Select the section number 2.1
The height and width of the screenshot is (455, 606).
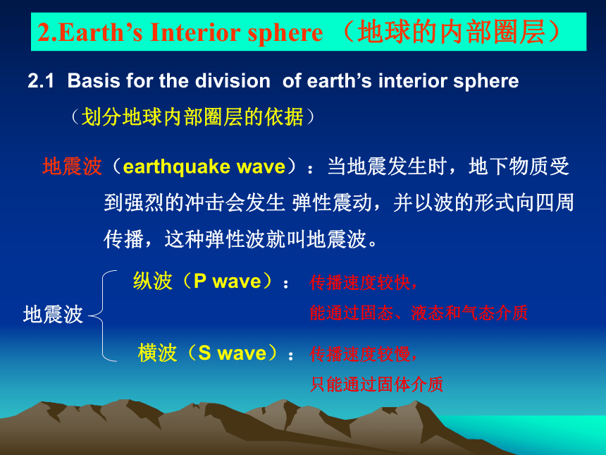point(41,81)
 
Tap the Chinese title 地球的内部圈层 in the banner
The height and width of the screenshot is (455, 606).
point(451,32)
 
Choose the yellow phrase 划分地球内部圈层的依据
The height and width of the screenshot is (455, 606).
point(192,117)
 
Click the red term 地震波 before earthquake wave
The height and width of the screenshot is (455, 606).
point(73,166)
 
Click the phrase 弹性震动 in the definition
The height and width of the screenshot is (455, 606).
point(332,202)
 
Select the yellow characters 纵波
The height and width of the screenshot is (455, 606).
point(152,281)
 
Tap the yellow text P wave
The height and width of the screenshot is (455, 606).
point(227,281)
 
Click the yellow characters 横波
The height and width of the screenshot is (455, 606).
point(157,353)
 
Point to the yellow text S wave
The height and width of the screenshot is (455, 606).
point(233,353)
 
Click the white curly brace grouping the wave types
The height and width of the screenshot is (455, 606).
point(103,316)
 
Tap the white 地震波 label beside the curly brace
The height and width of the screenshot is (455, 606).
point(53,314)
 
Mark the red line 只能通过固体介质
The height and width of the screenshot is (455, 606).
point(376,384)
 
